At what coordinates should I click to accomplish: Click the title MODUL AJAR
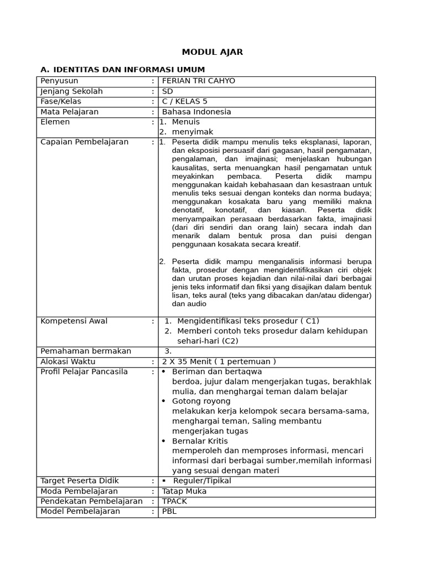(x=212, y=52)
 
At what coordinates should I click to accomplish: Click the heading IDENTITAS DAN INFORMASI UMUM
(x=127, y=69)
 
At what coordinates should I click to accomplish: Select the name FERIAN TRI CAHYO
(x=198, y=81)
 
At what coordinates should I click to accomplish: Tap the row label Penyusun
(x=60, y=81)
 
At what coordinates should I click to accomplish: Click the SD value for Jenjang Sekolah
(x=167, y=91)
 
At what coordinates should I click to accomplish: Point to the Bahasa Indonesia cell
(x=196, y=112)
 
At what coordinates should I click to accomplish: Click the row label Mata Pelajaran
(x=69, y=112)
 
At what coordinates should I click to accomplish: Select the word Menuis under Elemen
(x=185, y=122)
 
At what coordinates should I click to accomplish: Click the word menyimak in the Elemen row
(x=192, y=132)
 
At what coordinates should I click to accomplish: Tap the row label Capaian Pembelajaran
(x=84, y=142)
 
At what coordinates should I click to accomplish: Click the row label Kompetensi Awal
(x=74, y=321)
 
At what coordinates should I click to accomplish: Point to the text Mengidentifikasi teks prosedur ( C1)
(x=248, y=321)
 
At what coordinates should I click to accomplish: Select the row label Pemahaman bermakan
(x=86, y=351)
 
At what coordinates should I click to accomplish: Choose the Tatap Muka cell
(x=184, y=491)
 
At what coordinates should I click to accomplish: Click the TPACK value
(x=174, y=501)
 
